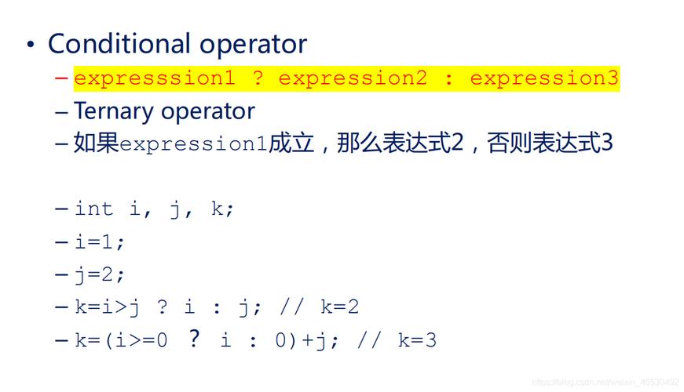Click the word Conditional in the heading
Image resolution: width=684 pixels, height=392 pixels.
[119, 43]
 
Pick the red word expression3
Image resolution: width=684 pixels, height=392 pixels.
[544, 78]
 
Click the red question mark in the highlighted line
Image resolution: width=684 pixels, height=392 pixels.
[257, 78]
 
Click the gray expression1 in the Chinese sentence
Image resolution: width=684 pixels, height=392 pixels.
[193, 145]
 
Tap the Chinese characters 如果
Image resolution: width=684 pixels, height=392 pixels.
[96, 144]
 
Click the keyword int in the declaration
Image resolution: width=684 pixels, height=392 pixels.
[94, 209]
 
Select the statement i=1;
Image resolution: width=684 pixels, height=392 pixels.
[100, 242]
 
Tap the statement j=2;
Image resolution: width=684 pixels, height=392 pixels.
[100, 275]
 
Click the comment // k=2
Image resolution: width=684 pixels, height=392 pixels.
[319, 307]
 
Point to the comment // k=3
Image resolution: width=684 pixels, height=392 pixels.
[397, 340]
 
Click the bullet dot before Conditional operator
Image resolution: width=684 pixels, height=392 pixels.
[31, 45]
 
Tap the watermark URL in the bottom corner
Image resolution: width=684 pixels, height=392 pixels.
[605, 383]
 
